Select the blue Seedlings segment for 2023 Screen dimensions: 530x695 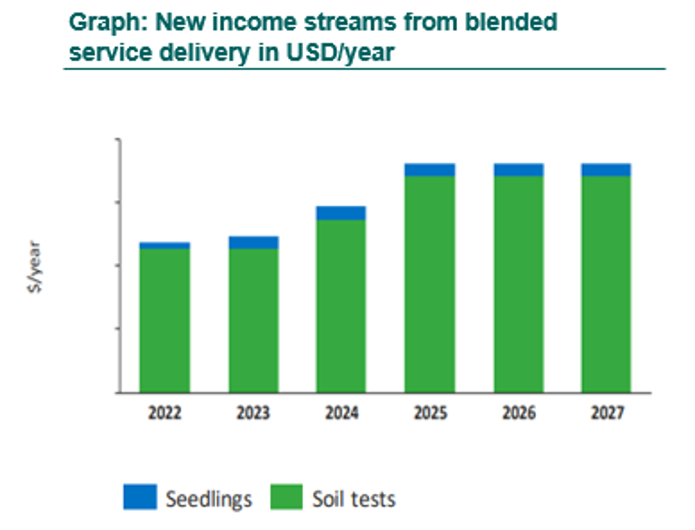point(253,243)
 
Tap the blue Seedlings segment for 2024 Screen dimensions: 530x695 point(341,213)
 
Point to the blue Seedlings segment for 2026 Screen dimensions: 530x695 point(519,170)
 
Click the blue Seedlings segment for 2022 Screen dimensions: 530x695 point(164,246)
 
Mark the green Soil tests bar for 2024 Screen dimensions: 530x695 point(341,306)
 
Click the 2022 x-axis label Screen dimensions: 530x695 point(164,414)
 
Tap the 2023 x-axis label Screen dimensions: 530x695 point(253,414)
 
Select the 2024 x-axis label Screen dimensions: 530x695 point(341,414)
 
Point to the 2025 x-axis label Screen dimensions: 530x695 point(430,414)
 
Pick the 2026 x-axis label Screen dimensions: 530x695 point(519,414)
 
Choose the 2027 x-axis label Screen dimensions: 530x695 point(606,414)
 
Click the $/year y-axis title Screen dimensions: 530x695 point(35,267)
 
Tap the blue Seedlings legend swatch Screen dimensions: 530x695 point(140,497)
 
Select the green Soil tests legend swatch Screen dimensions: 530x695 point(286,497)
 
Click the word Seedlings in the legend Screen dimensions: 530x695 point(209,499)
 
